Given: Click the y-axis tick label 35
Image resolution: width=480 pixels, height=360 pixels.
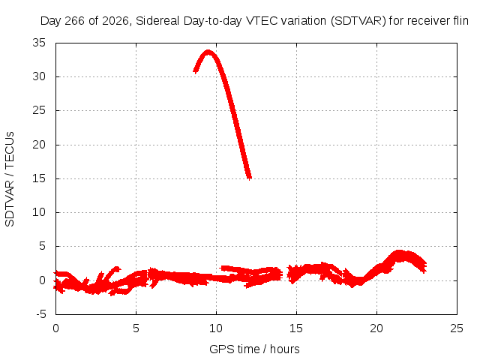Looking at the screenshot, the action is tap(39, 43).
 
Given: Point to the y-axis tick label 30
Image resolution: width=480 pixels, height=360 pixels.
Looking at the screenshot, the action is tap(39, 76).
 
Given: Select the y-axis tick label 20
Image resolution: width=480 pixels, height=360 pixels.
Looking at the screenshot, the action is tap(39, 145).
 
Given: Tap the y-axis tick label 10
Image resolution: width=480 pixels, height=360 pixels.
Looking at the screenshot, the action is tap(39, 212).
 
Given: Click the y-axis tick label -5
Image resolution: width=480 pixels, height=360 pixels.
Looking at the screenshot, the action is tap(41, 314).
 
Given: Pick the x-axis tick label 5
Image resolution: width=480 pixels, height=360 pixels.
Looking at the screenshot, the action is tap(136, 328).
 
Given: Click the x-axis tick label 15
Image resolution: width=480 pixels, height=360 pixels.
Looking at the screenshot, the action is tap(296, 328).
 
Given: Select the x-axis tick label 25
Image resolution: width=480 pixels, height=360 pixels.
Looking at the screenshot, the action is tap(457, 328).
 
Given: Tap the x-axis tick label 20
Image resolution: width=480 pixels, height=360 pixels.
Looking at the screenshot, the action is tap(376, 328).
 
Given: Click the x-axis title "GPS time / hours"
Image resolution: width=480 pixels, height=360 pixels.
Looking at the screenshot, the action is tap(254, 349).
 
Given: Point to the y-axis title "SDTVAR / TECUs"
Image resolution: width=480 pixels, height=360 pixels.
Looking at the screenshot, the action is tap(10, 179).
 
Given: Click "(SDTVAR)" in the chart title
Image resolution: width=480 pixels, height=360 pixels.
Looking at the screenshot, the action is tap(358, 21).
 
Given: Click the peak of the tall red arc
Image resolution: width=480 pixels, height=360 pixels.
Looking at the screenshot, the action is tap(208, 52).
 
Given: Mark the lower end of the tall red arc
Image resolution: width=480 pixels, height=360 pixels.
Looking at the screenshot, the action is tap(250, 178).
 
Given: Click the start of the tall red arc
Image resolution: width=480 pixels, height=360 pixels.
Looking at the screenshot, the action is tap(195, 70).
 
